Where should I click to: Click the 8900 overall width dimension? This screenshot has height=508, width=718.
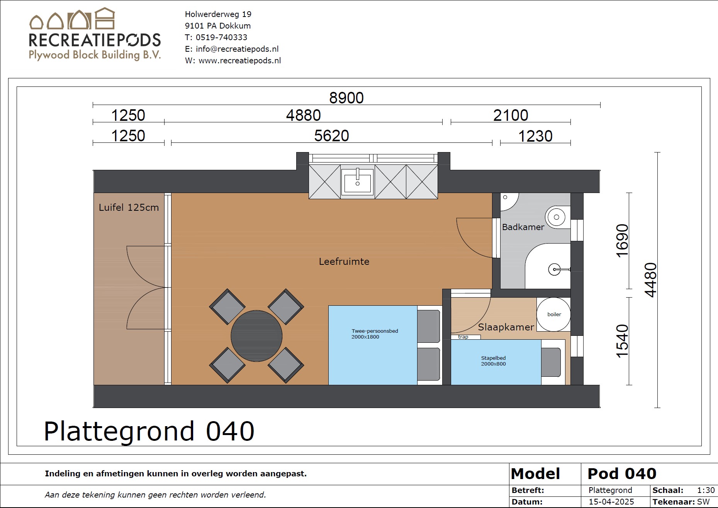(x=346, y=98)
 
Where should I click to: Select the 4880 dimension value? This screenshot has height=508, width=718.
(x=303, y=115)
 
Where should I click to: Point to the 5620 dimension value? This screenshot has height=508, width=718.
(x=331, y=136)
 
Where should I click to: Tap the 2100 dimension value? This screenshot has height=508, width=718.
(x=511, y=115)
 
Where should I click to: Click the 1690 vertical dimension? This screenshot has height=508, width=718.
(x=622, y=240)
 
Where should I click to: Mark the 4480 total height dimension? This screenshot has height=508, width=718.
(x=650, y=280)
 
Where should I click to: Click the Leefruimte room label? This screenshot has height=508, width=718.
(x=344, y=262)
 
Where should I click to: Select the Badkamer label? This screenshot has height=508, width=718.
(x=523, y=227)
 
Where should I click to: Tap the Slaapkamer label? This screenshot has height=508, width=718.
(x=506, y=327)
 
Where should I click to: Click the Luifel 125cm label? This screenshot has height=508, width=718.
(x=129, y=208)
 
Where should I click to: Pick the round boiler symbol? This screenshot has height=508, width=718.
(x=554, y=314)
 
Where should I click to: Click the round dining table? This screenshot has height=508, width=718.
(x=256, y=336)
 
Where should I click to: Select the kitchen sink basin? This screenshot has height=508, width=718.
(x=357, y=181)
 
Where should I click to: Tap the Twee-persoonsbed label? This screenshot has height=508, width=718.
(x=375, y=331)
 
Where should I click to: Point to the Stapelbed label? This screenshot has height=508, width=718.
(x=493, y=358)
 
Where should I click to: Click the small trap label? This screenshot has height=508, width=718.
(x=463, y=337)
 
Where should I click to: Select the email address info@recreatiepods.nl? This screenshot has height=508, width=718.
(x=237, y=49)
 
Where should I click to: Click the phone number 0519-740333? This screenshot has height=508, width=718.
(x=221, y=37)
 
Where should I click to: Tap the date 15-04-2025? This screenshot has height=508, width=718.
(x=611, y=501)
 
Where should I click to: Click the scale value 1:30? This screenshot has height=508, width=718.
(x=706, y=490)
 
